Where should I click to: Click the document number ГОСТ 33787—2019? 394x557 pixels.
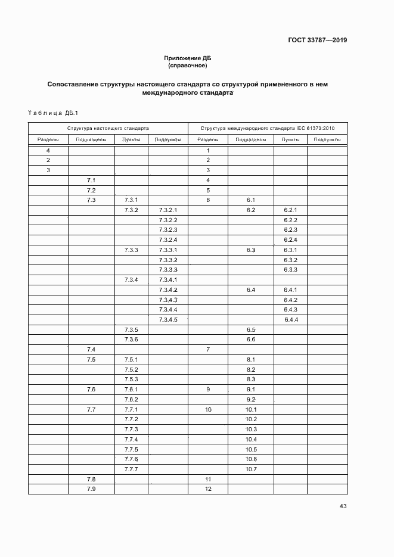click(x=317, y=41)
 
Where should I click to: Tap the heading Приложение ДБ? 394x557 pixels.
click(x=188, y=58)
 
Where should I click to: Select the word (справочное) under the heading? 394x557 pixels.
click(x=188, y=65)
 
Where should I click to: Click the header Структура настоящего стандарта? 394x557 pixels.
click(x=108, y=128)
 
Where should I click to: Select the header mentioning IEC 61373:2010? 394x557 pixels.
click(x=268, y=128)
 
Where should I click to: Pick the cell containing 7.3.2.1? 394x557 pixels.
click(x=168, y=210)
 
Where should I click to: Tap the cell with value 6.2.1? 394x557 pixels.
click(x=290, y=210)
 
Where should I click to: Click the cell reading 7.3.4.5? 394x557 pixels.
click(x=168, y=320)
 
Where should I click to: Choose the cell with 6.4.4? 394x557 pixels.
click(x=290, y=320)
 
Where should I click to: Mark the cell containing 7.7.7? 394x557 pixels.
click(x=131, y=469)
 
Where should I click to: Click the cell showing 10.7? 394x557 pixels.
click(x=251, y=469)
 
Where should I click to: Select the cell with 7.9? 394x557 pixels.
click(x=91, y=489)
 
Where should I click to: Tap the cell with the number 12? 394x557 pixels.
click(x=208, y=489)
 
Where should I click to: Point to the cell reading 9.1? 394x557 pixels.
click(x=251, y=390)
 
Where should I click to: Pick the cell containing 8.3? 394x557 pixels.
click(x=251, y=379)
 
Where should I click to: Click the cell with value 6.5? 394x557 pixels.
click(x=251, y=329)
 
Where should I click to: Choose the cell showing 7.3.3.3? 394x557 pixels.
click(x=168, y=270)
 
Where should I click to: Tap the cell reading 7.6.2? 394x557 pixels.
click(x=131, y=399)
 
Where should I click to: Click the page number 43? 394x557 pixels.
click(x=343, y=506)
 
